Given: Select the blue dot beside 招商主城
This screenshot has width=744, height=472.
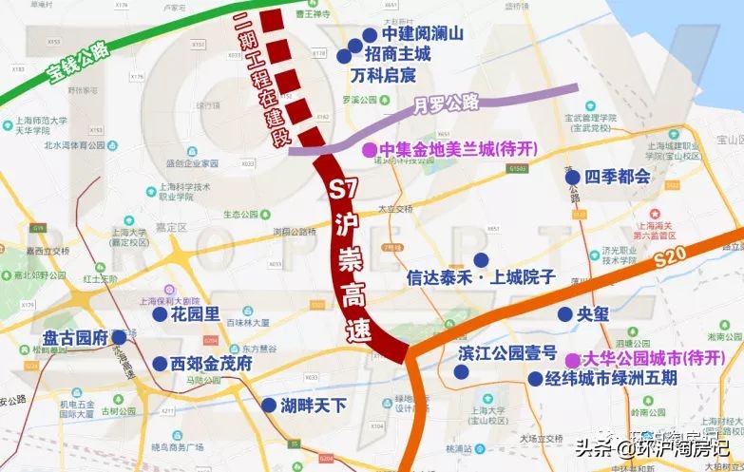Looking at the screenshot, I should click(343, 56).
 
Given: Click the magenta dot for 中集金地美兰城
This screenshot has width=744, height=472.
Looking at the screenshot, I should click(368, 150).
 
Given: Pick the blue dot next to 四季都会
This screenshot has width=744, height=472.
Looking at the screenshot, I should click(572, 177).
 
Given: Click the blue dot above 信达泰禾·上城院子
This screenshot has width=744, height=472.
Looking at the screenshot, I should click(482, 259).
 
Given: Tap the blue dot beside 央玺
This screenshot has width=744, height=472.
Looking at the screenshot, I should click(565, 314).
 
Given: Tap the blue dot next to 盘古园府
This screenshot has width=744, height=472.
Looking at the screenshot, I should click(119, 336).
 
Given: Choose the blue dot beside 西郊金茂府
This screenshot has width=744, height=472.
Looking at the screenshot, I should click(159, 363).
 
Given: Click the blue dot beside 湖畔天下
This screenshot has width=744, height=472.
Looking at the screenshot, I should click(269, 405).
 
